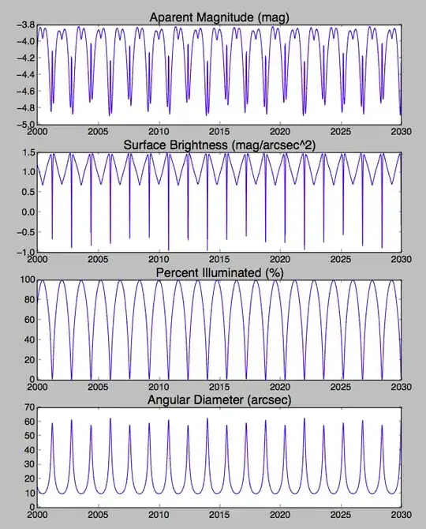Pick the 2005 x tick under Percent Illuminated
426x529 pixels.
click(98, 387)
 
